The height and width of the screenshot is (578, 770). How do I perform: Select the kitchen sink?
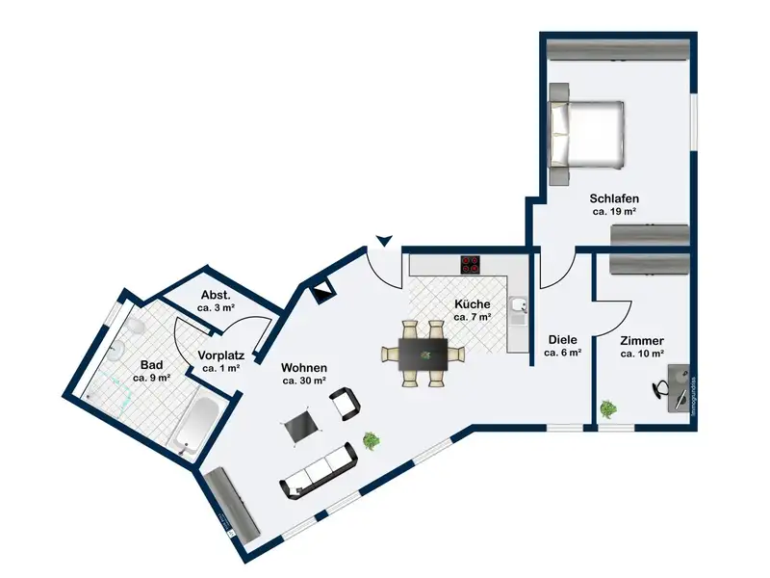point(519,307)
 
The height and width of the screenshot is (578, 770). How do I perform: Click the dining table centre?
point(422,353)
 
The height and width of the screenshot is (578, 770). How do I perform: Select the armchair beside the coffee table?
point(347,406)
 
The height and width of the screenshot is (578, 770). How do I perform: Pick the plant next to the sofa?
point(371,441)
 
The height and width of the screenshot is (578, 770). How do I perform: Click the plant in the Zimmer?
point(607,408)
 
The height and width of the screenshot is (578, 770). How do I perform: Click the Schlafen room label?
point(615,198)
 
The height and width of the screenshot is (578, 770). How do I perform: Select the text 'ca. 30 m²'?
point(304,381)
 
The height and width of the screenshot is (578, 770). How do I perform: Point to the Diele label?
point(563,339)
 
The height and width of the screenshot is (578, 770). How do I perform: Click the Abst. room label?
point(216,295)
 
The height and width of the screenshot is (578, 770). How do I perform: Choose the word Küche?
point(473,303)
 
